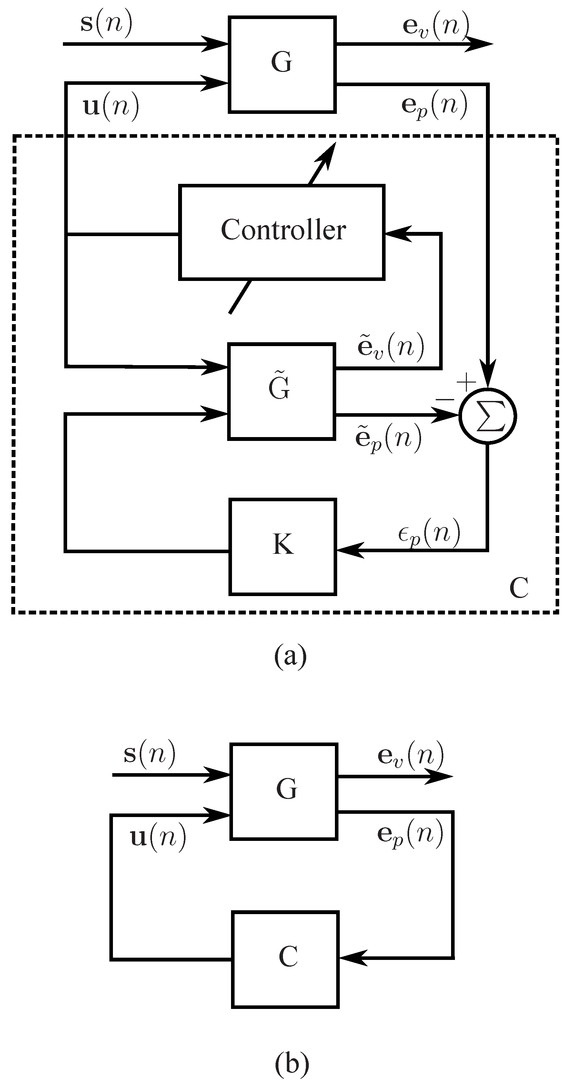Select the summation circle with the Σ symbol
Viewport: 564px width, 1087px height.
click(x=488, y=416)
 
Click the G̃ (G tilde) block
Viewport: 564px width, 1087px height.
click(x=281, y=391)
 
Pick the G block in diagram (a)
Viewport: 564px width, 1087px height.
click(x=282, y=64)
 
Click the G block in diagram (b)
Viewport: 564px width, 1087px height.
click(x=284, y=791)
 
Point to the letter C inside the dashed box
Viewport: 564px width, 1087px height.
click(x=519, y=587)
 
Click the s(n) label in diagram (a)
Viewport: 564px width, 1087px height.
click(x=106, y=23)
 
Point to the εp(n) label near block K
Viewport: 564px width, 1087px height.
click(x=429, y=534)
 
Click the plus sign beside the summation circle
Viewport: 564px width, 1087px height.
click(x=466, y=383)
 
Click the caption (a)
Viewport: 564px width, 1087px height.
click(x=290, y=655)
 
